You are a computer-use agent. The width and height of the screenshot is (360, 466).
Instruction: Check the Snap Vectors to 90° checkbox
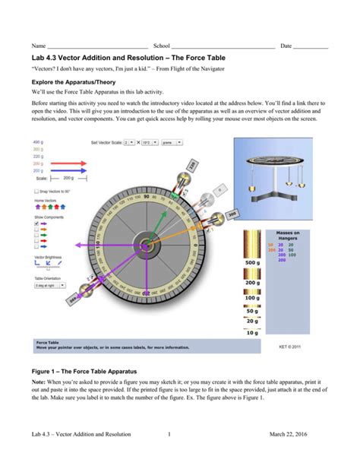click(36, 192)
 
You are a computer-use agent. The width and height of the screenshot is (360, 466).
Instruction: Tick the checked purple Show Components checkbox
click(36, 224)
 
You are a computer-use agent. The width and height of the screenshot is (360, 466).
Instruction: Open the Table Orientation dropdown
click(50, 285)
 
